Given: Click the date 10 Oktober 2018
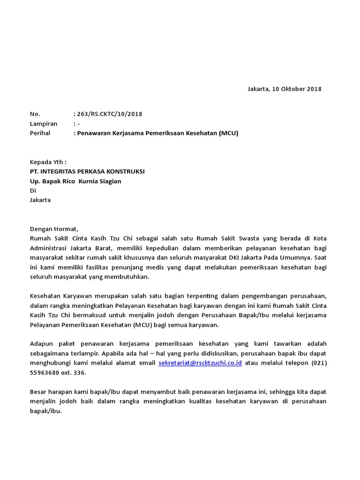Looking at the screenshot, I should click(x=297, y=89).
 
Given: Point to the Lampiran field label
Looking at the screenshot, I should click(x=43, y=124).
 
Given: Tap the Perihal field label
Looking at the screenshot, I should click(x=41, y=133).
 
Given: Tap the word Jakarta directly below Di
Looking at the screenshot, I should click(x=40, y=200).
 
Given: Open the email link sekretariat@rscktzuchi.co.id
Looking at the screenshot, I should click(x=200, y=363).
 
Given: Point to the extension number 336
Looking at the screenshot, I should click(x=81, y=373).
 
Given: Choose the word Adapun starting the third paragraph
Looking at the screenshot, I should click(x=43, y=344).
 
